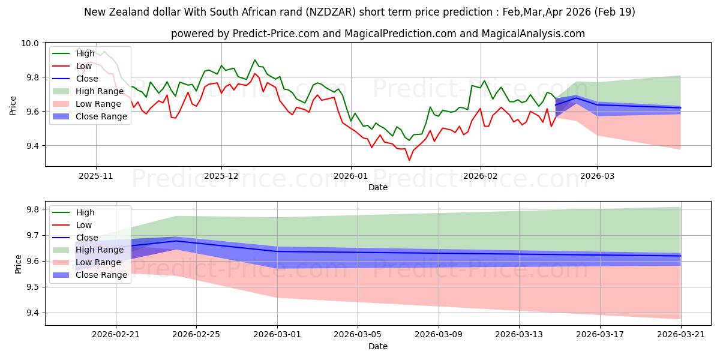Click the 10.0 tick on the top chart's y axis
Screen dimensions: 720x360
(29, 43)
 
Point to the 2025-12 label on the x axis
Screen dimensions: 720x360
(221, 176)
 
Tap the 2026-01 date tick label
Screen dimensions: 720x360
(351, 176)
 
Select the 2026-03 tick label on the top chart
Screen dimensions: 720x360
(597, 176)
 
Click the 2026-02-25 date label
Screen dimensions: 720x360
(196, 335)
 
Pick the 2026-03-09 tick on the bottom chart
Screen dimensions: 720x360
(439, 335)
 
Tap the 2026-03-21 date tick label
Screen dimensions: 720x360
(681, 335)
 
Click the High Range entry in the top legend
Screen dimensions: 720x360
(100, 91)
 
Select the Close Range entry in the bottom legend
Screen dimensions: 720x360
(101, 275)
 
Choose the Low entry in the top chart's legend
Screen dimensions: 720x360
(84, 66)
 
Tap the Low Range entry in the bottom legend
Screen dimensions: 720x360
(98, 262)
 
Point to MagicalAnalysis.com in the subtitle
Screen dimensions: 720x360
(533, 34)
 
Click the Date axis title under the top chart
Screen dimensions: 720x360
(378, 187)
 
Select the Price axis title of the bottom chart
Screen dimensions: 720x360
(18, 264)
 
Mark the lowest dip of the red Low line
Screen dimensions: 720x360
(409, 160)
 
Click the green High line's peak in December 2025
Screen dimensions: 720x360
(255, 60)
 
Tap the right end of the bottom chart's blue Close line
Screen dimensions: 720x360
(681, 256)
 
